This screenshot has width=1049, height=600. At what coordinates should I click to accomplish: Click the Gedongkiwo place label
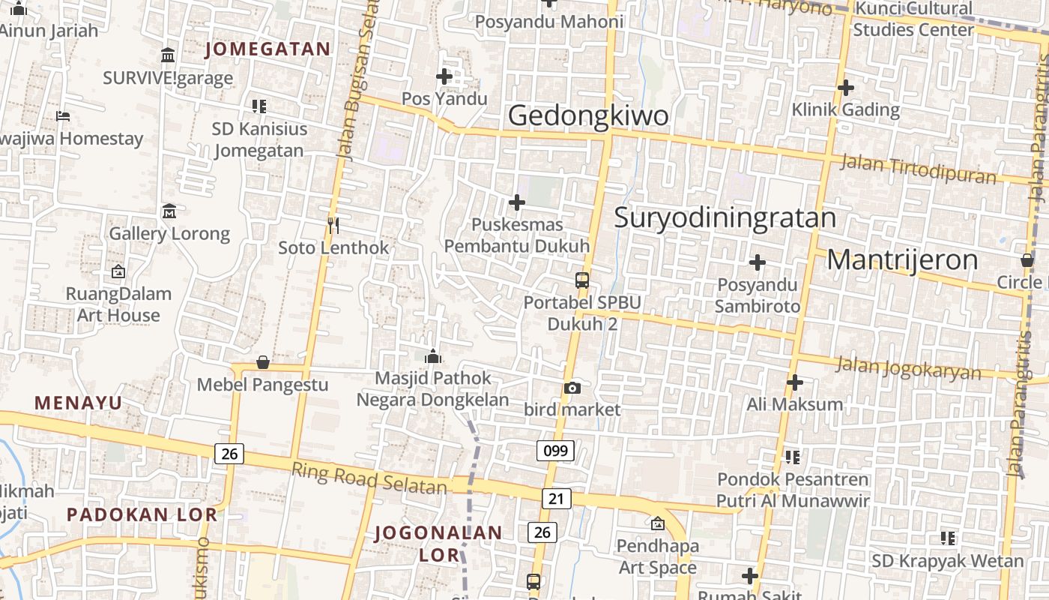coord(588,115)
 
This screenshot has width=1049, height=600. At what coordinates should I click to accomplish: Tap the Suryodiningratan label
coord(725,217)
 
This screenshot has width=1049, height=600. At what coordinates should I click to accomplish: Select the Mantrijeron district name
coord(902,260)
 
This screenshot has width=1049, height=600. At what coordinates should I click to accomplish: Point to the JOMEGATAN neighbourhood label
coord(267,49)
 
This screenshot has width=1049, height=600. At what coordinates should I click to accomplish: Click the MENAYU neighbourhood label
coord(78,403)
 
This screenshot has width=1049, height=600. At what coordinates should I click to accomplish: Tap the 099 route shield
coord(555,450)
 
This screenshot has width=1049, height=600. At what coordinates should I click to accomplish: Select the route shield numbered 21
coord(555,499)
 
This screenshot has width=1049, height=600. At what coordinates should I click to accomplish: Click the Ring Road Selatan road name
coord(369,479)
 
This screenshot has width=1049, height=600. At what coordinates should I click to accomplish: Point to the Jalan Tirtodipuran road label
coord(919,169)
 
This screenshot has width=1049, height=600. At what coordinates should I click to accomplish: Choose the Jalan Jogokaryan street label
coord(908,368)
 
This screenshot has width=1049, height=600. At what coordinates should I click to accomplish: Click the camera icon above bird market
coord(572,388)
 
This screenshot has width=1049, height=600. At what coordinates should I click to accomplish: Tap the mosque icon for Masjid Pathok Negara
coord(433,356)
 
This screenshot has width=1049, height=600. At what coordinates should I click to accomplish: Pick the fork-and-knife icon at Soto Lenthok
coord(333,224)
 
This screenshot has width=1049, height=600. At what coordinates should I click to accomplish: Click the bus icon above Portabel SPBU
coord(582,280)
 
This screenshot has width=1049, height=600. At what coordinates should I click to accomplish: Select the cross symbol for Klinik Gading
coord(846,88)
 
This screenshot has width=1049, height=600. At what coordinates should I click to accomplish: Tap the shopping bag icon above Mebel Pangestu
coord(263,363)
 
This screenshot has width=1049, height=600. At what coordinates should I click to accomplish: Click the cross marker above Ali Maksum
coord(795,382)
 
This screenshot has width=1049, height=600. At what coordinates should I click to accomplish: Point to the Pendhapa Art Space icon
coord(658,523)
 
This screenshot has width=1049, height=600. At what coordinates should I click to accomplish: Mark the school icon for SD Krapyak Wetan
coord(948,538)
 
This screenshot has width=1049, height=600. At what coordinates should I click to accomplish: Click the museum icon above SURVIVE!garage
coord(168,55)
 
